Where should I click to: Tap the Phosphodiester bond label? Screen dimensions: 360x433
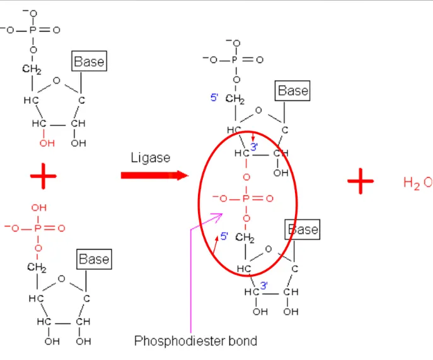click(x=195, y=341)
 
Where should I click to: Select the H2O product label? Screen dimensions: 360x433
click(x=417, y=183)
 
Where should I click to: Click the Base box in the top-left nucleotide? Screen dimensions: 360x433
click(x=89, y=61)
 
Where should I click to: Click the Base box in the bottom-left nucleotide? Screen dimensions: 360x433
click(x=94, y=258)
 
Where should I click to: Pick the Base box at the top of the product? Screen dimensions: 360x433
click(x=293, y=91)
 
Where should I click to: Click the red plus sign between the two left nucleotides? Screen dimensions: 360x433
click(x=43, y=179)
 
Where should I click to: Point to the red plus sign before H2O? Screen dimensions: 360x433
click(x=361, y=183)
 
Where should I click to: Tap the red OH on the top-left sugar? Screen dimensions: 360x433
click(x=46, y=143)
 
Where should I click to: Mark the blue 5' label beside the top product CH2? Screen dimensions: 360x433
click(x=214, y=98)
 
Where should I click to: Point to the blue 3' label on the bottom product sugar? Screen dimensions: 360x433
click(x=265, y=285)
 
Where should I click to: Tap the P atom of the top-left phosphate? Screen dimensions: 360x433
click(x=32, y=30)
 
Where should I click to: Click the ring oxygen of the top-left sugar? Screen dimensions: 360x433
click(x=57, y=81)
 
